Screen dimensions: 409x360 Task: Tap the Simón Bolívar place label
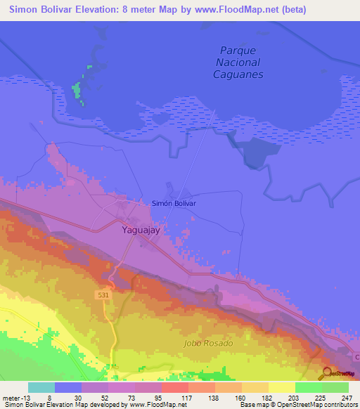(174, 203)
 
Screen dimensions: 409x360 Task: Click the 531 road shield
(103, 297)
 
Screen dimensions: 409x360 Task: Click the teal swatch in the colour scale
(41, 387)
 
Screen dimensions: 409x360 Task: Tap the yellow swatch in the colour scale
(281, 387)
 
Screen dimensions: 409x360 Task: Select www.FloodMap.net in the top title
(233, 10)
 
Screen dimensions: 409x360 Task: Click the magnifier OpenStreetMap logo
(326, 374)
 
